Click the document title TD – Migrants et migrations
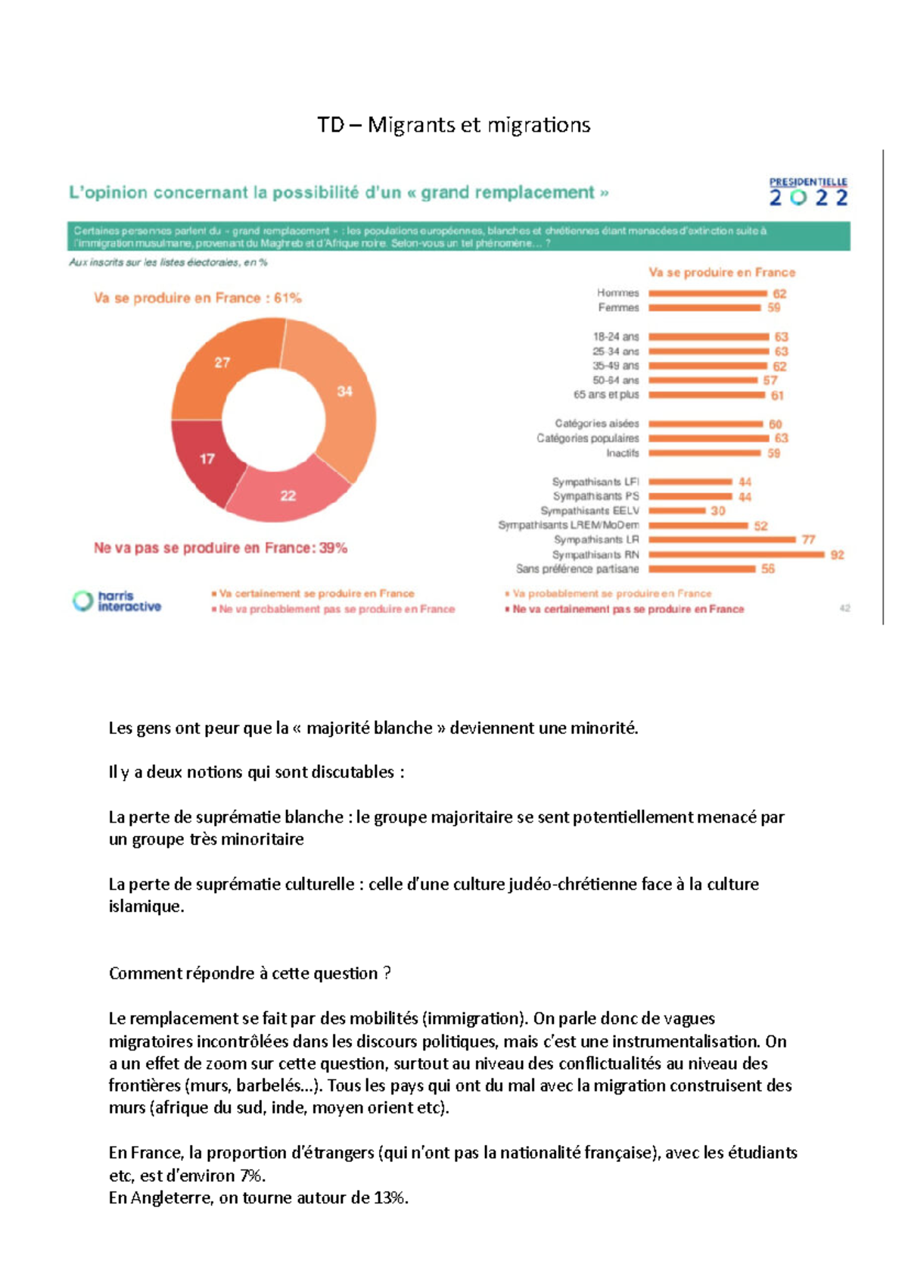[x=453, y=125]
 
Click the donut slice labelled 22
[x=288, y=496]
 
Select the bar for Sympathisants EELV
[x=676, y=510]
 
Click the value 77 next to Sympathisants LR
[x=808, y=540]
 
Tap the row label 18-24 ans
[x=615, y=336]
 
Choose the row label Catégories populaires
[x=587, y=439]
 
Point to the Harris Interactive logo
[x=117, y=601]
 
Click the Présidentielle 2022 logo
[x=808, y=192]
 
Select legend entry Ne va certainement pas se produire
[x=627, y=609]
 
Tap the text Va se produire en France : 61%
[x=197, y=298]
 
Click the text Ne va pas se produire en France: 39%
[x=220, y=548]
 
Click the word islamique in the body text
[x=145, y=907]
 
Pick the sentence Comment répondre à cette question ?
[x=250, y=974]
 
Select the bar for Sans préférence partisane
[x=701, y=569]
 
